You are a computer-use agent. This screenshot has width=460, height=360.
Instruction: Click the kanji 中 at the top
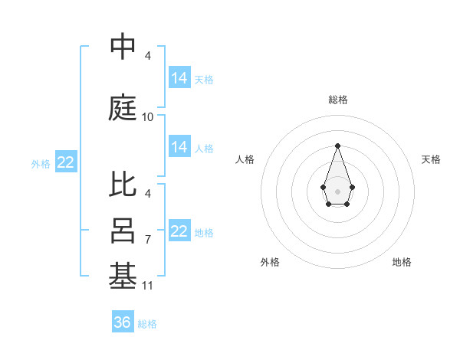(123, 47)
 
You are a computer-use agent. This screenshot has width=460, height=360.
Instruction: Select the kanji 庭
(123, 108)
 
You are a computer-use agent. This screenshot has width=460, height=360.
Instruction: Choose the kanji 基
(123, 277)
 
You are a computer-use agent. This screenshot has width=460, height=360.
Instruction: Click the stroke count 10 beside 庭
(148, 117)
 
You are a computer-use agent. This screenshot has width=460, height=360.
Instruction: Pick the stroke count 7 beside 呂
(148, 240)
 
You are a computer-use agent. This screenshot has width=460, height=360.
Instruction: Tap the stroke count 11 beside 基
(148, 286)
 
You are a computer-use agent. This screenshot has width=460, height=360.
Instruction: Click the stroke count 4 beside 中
(148, 56)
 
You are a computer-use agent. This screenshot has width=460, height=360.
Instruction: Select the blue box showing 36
(123, 322)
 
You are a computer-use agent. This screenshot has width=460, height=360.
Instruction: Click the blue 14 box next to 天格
(179, 78)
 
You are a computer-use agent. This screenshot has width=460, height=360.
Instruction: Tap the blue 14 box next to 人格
(179, 147)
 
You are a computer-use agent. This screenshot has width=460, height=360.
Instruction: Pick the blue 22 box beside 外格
(66, 162)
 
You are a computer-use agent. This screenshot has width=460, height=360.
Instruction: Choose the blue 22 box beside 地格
(179, 231)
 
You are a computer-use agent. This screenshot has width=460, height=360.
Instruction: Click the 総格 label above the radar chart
(337, 100)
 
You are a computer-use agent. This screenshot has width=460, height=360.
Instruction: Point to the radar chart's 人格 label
(245, 159)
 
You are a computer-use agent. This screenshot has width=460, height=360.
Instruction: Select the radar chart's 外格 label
(270, 262)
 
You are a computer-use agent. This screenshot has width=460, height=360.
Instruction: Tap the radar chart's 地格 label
(402, 262)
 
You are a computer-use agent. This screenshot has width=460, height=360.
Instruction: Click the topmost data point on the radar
(337, 146)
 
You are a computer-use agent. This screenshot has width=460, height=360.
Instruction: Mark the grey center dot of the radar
(337, 190)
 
